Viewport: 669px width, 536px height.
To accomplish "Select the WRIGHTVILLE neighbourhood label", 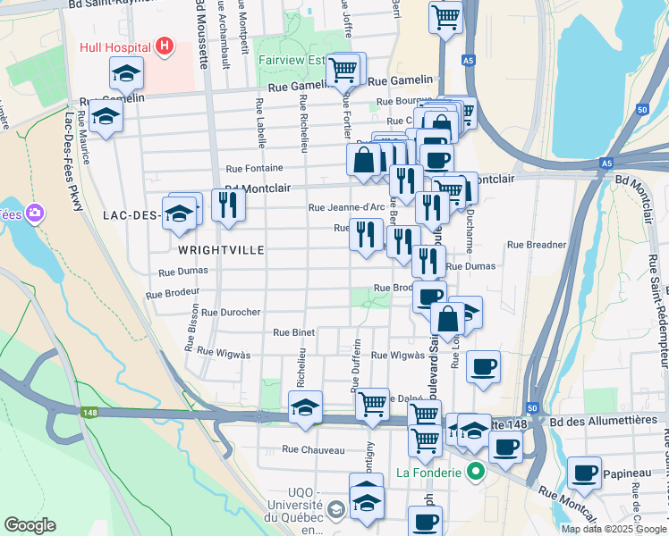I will pyautogui.click(x=221, y=250).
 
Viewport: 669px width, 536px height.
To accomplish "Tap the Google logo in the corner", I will pyautogui.click(x=30, y=525).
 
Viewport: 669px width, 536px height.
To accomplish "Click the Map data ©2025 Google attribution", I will pyautogui.click(x=613, y=529).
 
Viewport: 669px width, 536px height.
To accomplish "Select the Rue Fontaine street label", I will pyautogui.click(x=254, y=168).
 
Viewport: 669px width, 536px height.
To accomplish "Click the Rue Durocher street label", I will pyautogui.click(x=231, y=313).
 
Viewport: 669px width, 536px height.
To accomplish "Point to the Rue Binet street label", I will pyautogui.click(x=294, y=332).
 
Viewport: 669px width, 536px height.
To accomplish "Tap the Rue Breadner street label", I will pyautogui.click(x=537, y=244).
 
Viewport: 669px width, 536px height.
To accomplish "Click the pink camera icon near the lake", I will pyautogui.click(x=35, y=214).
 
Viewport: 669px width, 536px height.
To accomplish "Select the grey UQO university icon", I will pyautogui.click(x=335, y=510).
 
